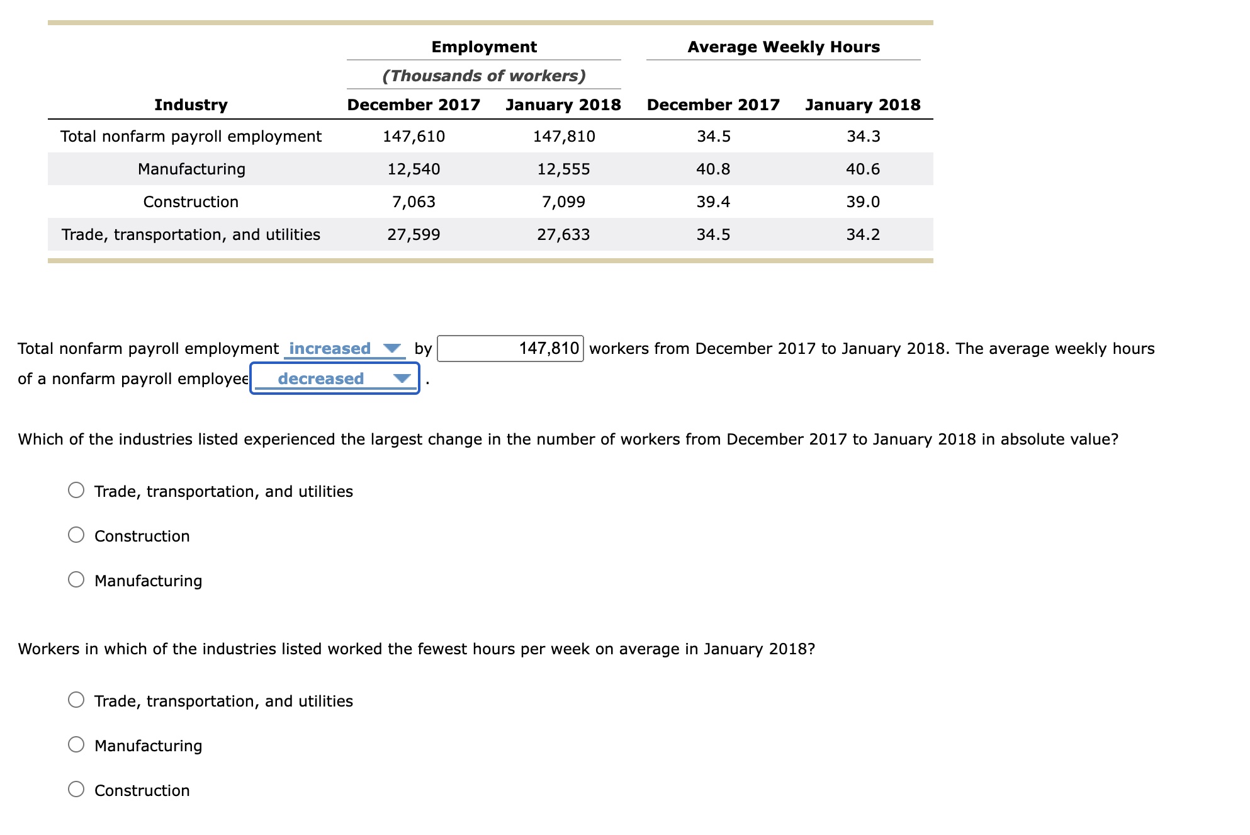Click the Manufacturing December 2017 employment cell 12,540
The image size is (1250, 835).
pyautogui.click(x=414, y=169)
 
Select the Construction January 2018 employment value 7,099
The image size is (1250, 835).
pyautogui.click(x=563, y=202)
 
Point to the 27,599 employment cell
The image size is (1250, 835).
pyautogui.click(x=414, y=234)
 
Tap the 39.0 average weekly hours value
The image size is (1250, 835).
pyautogui.click(x=863, y=202)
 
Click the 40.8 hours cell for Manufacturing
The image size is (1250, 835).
pyautogui.click(x=713, y=169)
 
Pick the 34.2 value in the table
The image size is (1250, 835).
pyautogui.click(x=863, y=234)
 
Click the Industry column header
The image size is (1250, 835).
pyautogui.click(x=191, y=105)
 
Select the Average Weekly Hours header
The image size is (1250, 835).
pyautogui.click(x=783, y=47)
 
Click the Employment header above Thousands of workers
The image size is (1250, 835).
pyautogui.click(x=483, y=47)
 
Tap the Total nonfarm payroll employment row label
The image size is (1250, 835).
pyautogui.click(x=191, y=136)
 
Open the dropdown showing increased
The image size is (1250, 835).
pyautogui.click(x=344, y=348)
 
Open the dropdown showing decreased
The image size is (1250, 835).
pyautogui.click(x=335, y=378)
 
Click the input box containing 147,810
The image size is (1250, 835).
pyautogui.click(x=510, y=348)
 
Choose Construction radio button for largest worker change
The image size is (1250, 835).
pyautogui.click(x=76, y=535)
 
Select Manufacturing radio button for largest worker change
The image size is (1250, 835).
pyautogui.click(x=76, y=579)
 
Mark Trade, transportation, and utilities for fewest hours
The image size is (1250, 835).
pyautogui.click(x=76, y=700)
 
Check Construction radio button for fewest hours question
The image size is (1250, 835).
pyautogui.click(x=76, y=789)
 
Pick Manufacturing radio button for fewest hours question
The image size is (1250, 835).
pyautogui.click(x=76, y=744)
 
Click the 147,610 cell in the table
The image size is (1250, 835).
pyautogui.click(x=414, y=136)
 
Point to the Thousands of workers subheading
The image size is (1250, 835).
pyautogui.click(x=483, y=76)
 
